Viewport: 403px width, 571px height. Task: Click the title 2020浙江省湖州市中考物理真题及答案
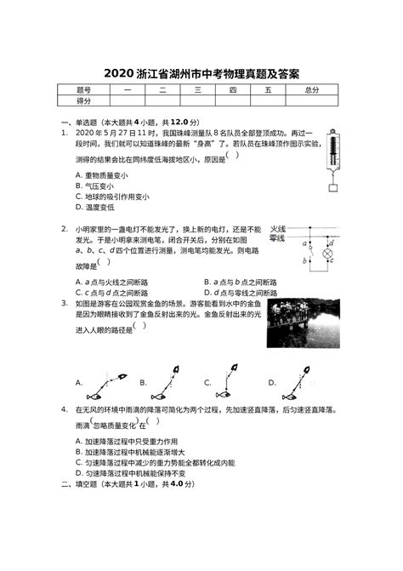[201, 74]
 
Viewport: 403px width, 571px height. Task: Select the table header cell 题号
[82, 89]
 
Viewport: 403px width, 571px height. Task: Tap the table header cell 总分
[312, 89]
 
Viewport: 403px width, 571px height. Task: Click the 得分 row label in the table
[82, 100]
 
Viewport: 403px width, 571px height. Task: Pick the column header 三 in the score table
[197, 89]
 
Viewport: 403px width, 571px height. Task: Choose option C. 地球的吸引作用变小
[111, 197]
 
